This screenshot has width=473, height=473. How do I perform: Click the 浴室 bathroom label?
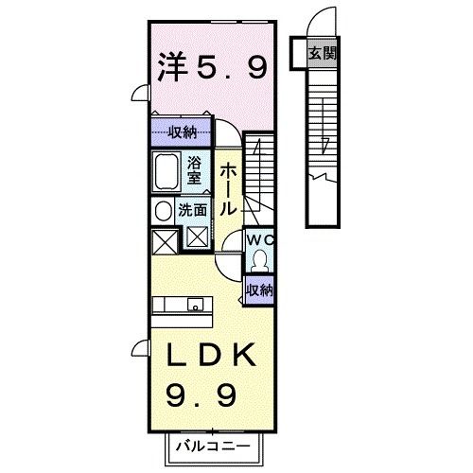tap(194, 169)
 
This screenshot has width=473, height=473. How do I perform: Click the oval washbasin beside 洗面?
tap(162, 211)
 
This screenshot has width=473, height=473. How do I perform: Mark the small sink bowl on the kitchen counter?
tap(194, 305)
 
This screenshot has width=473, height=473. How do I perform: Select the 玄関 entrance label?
tap(322, 52)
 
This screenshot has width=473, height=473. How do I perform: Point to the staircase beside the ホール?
tap(257, 170)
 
